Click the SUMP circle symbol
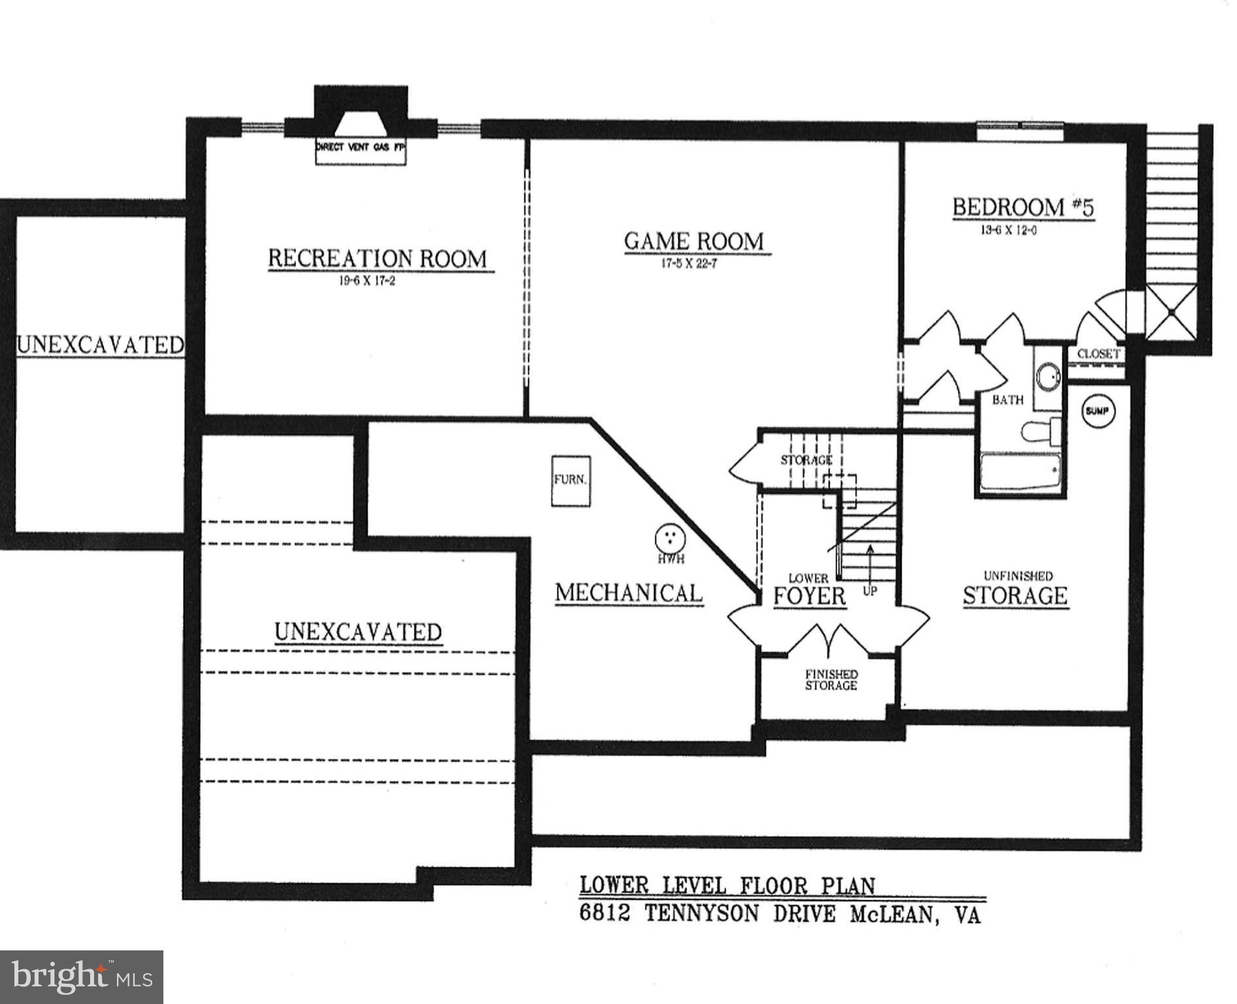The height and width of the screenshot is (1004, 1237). click(1098, 411)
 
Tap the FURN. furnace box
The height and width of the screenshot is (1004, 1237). click(570, 480)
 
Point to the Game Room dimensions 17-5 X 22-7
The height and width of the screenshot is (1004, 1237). click(691, 265)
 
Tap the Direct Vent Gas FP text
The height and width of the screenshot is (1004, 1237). click(361, 148)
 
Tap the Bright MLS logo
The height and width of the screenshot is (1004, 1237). click(81, 977)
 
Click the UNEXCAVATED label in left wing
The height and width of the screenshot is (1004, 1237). click(100, 344)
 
